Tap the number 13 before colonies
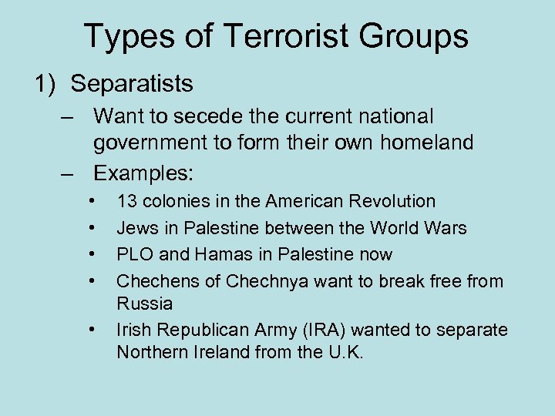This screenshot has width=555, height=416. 126,202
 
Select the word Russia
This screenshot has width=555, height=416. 144,304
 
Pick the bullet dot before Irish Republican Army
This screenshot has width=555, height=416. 93,330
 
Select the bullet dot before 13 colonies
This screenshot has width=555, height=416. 93,202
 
